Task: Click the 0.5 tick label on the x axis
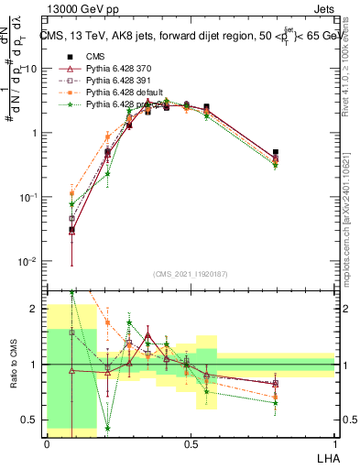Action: click(x=190, y=442)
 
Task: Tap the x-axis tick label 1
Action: click(x=334, y=442)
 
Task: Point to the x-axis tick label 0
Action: click(x=47, y=442)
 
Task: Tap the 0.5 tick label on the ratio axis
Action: click(x=32, y=420)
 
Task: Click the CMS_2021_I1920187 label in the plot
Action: click(x=190, y=275)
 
